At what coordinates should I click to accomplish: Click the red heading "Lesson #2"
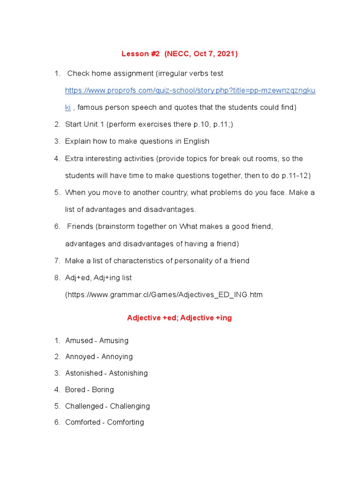point(141,54)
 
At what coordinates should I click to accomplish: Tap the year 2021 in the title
point(226,54)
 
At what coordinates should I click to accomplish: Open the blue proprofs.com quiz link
point(190,90)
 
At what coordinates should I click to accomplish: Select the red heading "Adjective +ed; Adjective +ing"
point(180,318)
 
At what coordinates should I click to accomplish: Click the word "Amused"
point(79,341)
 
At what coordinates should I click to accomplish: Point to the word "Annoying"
point(117,357)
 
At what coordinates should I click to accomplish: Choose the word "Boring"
point(103,390)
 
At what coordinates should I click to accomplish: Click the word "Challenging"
point(130,406)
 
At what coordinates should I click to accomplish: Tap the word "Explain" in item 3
point(78,141)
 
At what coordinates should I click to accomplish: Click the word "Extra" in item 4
point(74,158)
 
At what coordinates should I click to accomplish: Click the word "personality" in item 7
point(190,261)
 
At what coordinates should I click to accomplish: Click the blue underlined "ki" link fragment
point(68,107)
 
